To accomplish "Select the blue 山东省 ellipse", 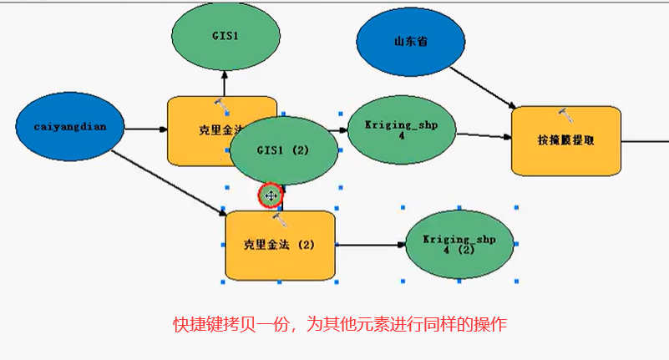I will (x=410, y=41).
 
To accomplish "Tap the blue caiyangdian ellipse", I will (x=69, y=128).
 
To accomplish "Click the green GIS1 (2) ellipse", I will (x=283, y=150).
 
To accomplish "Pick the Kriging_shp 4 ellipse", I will (x=401, y=129).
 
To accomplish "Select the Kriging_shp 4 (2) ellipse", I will (x=459, y=244).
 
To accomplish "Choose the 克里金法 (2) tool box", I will (x=279, y=246).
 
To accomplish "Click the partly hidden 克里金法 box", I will (x=199, y=131).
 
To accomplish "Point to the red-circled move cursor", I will (x=271, y=195).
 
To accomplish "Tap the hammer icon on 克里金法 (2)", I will (x=280, y=218).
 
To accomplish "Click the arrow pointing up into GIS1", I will (x=224, y=83).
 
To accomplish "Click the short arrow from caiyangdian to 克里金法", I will (x=146, y=129).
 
